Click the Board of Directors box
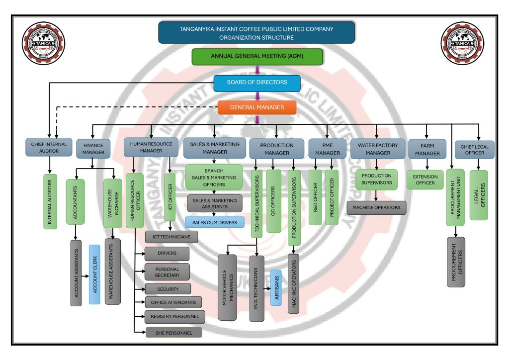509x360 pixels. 257,83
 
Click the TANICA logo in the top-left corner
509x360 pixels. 43,44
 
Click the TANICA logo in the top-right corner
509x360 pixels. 462,44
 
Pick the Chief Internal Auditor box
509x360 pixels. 49,148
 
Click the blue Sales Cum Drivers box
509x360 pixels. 214,222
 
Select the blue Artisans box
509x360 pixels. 276,287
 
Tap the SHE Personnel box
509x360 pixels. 173,333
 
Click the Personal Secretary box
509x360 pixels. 167,272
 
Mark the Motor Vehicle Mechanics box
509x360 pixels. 228,287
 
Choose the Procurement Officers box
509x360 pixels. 456,262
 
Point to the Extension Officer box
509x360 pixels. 425,180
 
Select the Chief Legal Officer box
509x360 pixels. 475,150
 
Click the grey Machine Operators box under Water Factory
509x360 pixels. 376,207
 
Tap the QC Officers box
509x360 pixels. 274,201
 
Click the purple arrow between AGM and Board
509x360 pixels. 257,70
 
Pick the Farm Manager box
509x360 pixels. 427,150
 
